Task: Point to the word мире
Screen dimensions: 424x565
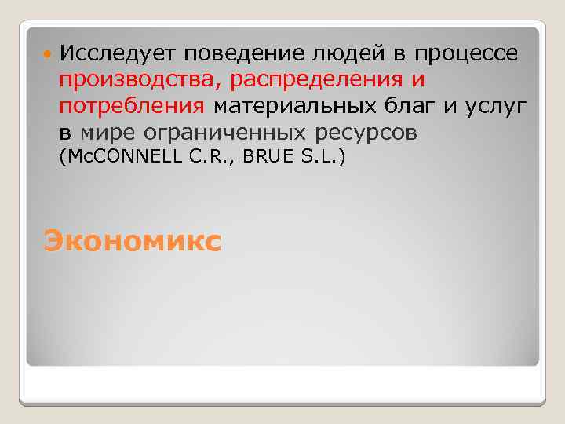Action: [x=111, y=133]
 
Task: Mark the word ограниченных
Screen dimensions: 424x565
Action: [x=233, y=133]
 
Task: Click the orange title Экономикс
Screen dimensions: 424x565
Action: [x=133, y=239]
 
